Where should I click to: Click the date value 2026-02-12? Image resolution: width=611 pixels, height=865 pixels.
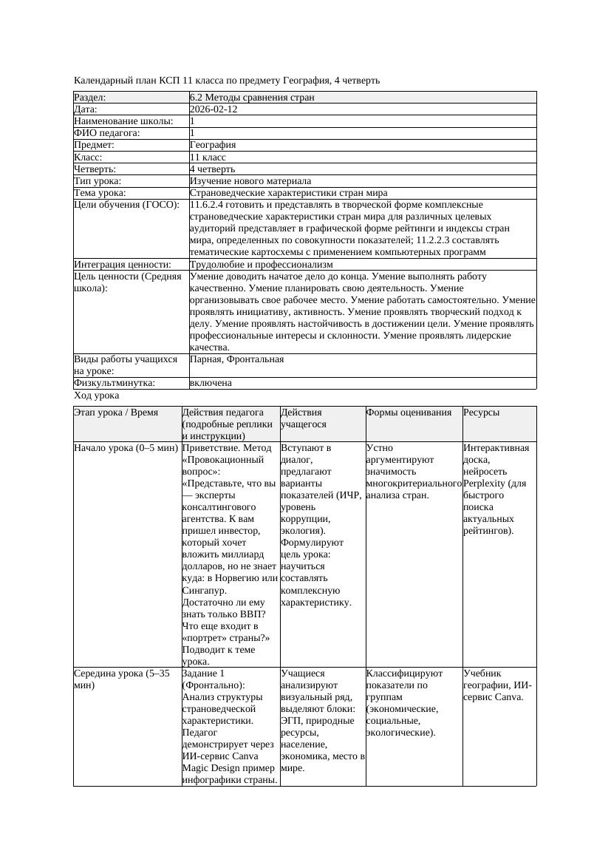pos(214,109)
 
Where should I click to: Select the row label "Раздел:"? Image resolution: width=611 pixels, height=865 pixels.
pos(90,97)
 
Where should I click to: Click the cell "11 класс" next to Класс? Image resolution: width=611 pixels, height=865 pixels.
pos(208,157)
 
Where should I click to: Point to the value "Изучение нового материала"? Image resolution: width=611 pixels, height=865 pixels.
pos(250,180)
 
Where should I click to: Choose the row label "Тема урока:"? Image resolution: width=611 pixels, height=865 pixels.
pos(100,193)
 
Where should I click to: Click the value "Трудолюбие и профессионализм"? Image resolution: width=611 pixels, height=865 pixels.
pos(261,264)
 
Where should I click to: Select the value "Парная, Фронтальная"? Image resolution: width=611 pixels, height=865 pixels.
pos(236,359)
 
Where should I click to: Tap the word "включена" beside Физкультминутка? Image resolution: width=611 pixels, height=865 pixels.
pos(211,383)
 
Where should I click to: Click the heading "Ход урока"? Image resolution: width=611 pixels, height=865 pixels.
pos(96,396)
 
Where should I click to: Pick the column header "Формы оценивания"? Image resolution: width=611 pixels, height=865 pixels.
pos(409,413)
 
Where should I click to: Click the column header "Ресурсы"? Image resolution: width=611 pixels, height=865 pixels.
pos(481,413)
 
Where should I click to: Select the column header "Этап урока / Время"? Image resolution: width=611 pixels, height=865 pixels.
pos(116,413)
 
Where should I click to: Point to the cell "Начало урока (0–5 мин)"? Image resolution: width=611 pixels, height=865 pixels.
pos(126,448)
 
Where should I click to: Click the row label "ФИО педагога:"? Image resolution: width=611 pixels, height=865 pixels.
pos(107,133)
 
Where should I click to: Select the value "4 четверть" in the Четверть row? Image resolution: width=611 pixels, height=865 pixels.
pos(213,169)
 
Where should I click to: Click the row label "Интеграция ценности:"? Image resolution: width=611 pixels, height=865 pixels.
pos(123,264)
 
